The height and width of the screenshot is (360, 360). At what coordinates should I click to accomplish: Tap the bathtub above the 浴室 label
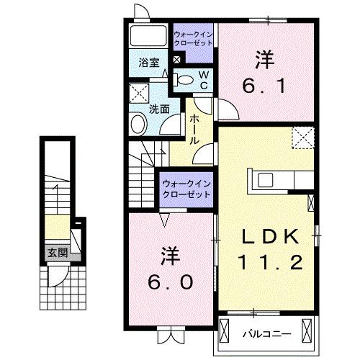point(148,37)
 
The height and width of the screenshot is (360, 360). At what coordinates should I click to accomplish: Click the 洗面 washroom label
point(159,109)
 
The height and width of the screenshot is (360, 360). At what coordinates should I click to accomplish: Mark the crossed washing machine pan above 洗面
point(138,94)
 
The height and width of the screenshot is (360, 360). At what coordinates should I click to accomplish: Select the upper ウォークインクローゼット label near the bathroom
point(194,38)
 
